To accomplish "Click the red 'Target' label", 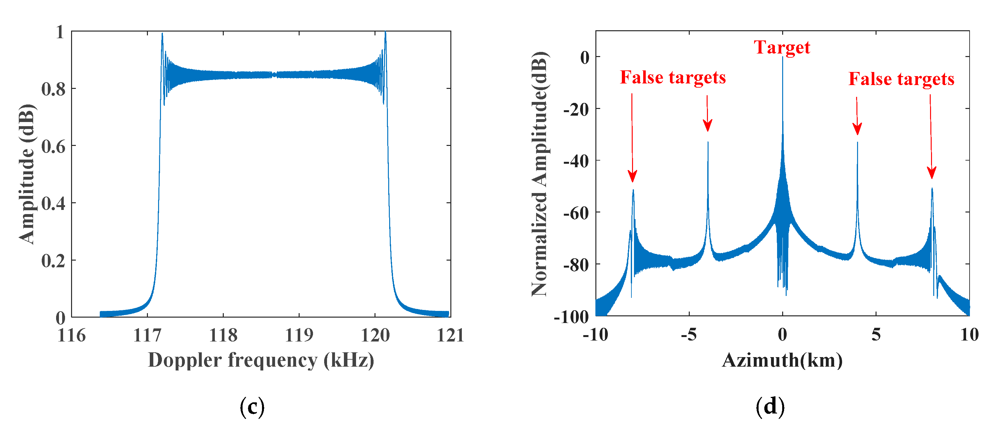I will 782,47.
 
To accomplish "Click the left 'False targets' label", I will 673,77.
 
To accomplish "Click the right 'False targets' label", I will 901,79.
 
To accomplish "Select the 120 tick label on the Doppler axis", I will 375,335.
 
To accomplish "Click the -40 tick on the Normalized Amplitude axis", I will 576,161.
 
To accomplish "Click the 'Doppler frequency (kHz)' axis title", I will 261,361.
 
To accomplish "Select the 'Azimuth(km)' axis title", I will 782,361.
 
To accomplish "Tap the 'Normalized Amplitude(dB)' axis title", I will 540,174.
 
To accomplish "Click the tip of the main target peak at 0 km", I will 782,58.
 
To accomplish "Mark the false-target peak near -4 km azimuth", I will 708,143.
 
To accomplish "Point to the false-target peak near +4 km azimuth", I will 857,143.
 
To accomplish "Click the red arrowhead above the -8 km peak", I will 632,177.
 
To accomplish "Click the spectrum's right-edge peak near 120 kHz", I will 385,32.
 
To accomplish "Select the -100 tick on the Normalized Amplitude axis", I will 571,317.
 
